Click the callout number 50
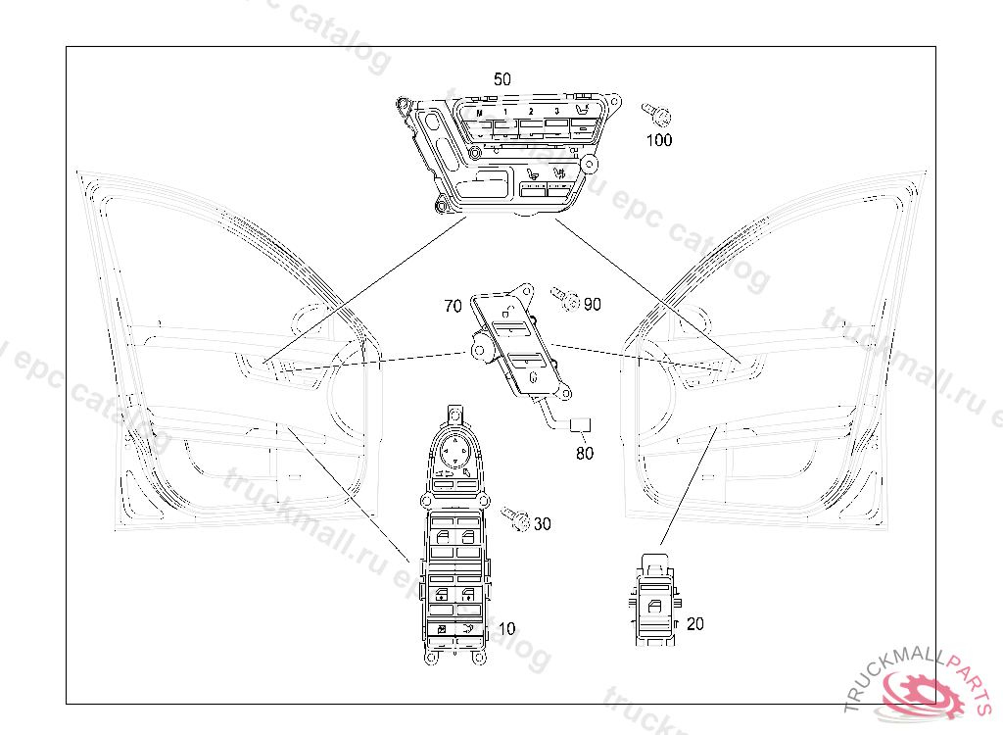[x=501, y=78]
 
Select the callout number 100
[x=659, y=140]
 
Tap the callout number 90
[x=592, y=304]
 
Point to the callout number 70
[x=453, y=306]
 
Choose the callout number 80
[x=584, y=453]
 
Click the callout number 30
[x=542, y=524]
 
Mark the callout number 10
[x=506, y=627]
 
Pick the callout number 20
[x=694, y=623]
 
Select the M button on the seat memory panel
[x=480, y=115]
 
